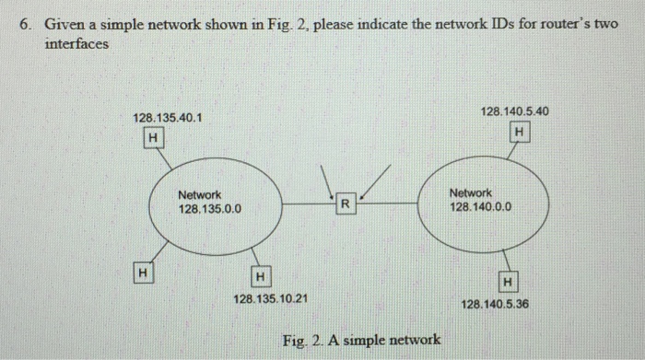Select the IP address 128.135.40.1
(x=168, y=118)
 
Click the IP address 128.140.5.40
(x=516, y=110)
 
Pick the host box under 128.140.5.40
(x=521, y=134)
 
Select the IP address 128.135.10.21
(x=271, y=299)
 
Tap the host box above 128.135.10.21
(x=261, y=275)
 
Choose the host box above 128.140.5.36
(x=509, y=280)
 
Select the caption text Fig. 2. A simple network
(x=361, y=340)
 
